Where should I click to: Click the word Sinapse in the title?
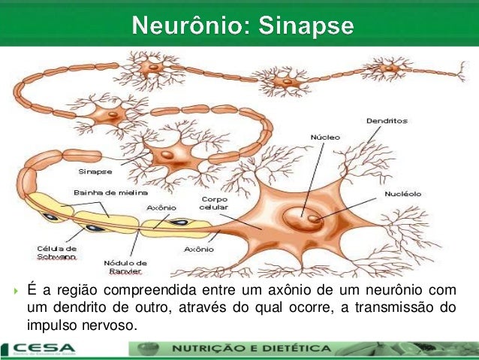pos(306,26)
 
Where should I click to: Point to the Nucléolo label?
pos(402,193)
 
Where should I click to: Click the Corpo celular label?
pos(213,203)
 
